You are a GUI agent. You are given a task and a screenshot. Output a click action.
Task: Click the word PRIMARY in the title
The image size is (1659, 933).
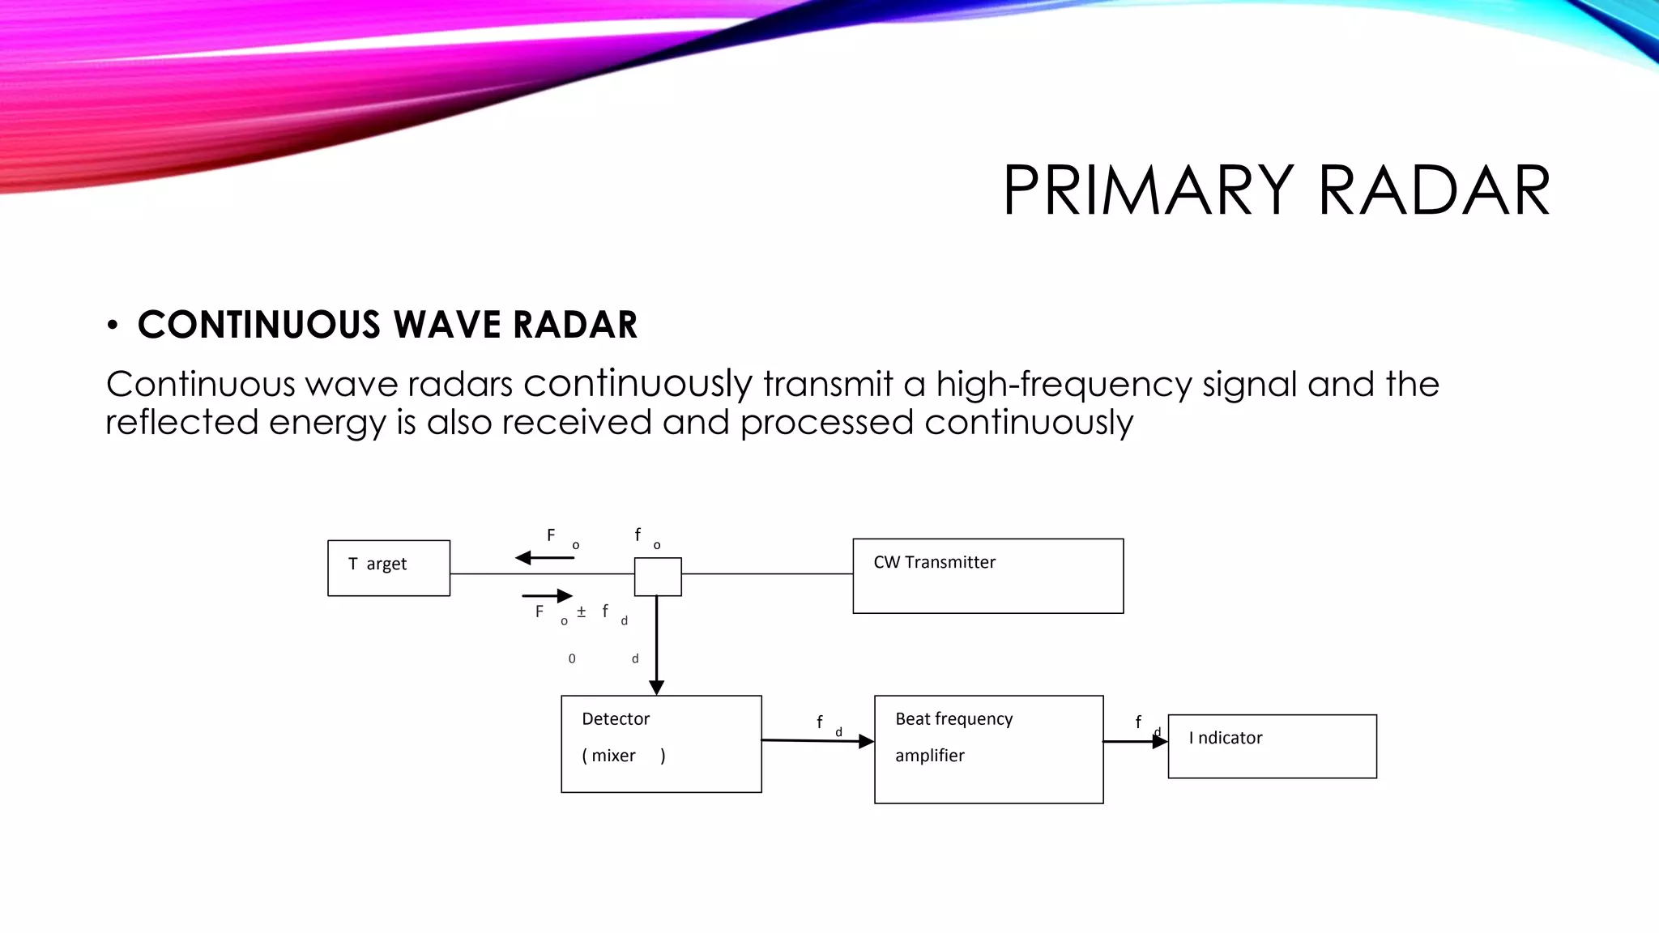click(1148, 191)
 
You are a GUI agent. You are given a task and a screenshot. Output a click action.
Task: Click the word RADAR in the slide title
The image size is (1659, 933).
click(1435, 191)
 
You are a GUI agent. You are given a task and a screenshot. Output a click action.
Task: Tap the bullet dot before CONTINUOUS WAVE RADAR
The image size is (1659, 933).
click(113, 326)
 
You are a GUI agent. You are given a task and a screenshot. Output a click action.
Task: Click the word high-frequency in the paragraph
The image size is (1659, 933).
click(1064, 384)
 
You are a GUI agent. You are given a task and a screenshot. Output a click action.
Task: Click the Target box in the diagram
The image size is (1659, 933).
click(389, 568)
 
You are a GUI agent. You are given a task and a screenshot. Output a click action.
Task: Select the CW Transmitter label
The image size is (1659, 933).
click(934, 562)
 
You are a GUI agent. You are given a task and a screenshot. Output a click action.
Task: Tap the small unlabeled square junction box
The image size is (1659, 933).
click(657, 577)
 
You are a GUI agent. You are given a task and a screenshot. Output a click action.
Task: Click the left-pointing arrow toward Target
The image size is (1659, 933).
click(544, 558)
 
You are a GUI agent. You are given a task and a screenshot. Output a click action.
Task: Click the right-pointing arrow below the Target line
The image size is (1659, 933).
click(548, 596)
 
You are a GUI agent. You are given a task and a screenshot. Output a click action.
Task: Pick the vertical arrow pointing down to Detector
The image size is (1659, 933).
click(657, 648)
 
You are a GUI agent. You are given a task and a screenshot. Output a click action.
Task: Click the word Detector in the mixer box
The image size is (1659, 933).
click(616, 719)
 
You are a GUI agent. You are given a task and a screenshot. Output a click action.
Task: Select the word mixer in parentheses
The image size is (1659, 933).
click(613, 756)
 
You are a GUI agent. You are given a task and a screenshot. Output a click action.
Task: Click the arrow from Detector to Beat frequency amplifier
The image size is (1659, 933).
click(817, 740)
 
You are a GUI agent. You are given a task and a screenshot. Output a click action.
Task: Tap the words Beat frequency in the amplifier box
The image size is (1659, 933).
click(953, 719)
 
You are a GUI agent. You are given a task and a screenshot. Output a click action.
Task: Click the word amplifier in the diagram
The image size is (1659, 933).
click(929, 756)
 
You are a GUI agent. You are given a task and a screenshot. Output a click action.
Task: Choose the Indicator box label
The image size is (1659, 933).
click(1226, 738)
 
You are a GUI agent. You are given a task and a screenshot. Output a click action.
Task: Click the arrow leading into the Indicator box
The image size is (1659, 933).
click(1135, 741)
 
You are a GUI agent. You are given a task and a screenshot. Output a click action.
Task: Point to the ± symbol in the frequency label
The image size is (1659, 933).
click(581, 612)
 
